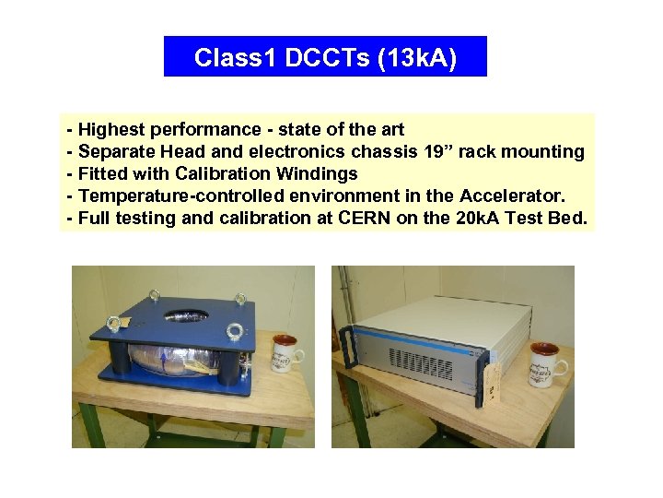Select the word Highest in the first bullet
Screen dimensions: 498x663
[x=111, y=129]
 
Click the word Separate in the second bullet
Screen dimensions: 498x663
[x=115, y=151]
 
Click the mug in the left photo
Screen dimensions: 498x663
[x=285, y=354]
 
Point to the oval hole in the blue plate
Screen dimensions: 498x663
[x=186, y=315]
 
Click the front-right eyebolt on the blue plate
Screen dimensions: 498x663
[x=234, y=331]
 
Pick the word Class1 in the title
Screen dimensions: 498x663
[x=236, y=58]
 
